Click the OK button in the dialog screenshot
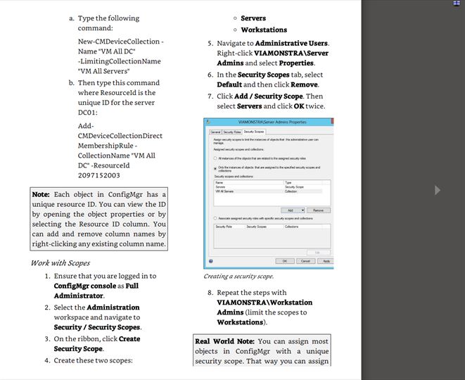(x=286, y=260)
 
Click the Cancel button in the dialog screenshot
(x=305, y=260)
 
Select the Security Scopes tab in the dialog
(x=254, y=132)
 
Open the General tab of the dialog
(x=215, y=132)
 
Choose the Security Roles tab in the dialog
(x=232, y=132)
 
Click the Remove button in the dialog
(x=319, y=210)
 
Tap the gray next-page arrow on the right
(x=438, y=190)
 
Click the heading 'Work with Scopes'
(x=60, y=263)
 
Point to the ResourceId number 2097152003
(x=98, y=175)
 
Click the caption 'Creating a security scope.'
(x=238, y=277)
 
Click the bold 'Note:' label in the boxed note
(x=42, y=194)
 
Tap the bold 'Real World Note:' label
(x=224, y=341)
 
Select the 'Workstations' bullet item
(x=264, y=30)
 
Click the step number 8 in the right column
(x=209, y=293)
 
